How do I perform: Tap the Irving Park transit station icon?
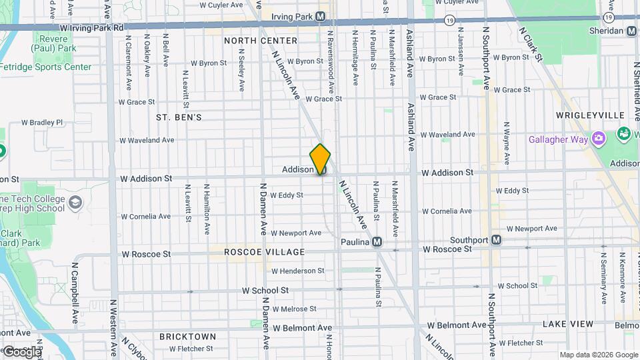[x=321, y=16]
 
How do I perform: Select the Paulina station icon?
[x=377, y=242]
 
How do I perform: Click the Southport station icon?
[x=497, y=240]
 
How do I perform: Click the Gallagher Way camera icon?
[x=599, y=139]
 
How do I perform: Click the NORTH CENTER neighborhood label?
[x=251, y=41]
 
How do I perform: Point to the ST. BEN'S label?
[x=179, y=117]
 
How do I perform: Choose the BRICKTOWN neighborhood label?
[x=187, y=337]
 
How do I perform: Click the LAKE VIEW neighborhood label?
[x=567, y=324]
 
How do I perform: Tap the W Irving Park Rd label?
[x=92, y=28]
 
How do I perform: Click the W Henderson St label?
[x=297, y=271]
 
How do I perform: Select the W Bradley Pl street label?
[x=42, y=123]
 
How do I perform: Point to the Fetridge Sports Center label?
[x=46, y=67]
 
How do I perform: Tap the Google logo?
[x=21, y=351]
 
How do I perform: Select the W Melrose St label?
[x=293, y=309]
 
